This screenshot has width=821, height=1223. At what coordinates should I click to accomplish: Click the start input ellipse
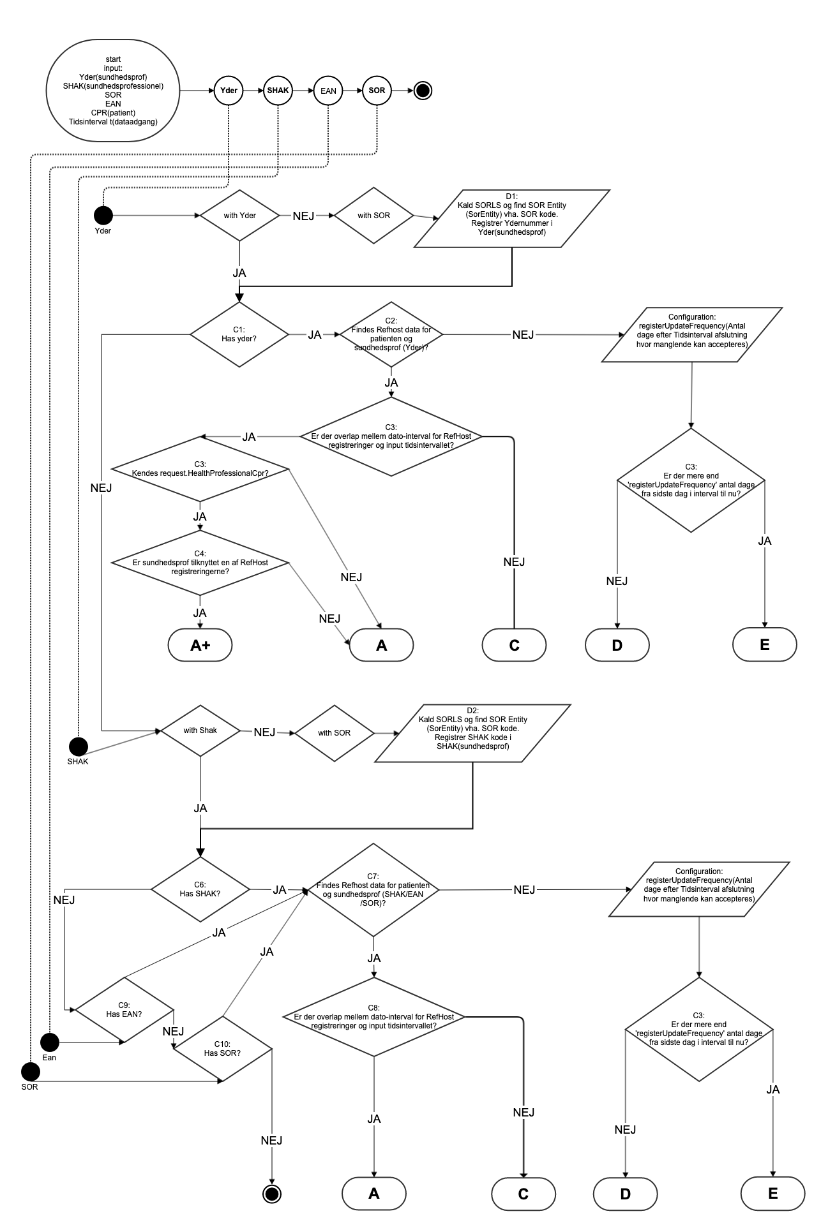click(113, 91)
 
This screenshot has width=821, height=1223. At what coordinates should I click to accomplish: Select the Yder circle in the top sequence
click(229, 91)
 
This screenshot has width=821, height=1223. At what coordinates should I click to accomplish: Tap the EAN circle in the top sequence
click(328, 91)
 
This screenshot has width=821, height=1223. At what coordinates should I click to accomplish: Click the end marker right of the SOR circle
click(423, 91)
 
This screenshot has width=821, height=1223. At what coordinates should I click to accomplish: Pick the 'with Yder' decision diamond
click(239, 216)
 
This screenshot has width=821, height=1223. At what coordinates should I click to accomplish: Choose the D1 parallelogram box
click(512, 219)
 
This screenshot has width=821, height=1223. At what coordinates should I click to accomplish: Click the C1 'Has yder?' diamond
click(239, 334)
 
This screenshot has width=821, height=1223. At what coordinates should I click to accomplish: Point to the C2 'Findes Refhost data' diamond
click(391, 334)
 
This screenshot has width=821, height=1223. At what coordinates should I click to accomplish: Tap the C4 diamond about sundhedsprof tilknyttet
click(200, 563)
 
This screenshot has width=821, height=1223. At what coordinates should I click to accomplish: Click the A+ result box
click(200, 646)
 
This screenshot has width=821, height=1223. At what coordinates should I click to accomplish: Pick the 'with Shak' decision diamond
click(200, 730)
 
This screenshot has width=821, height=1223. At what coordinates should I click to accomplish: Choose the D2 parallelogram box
click(472, 733)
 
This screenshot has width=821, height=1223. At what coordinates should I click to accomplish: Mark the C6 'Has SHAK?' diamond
click(200, 889)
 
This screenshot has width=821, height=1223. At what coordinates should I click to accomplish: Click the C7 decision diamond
click(373, 890)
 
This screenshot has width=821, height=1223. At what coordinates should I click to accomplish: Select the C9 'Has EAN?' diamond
click(124, 1009)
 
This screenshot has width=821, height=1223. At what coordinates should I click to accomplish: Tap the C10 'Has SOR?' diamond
click(223, 1053)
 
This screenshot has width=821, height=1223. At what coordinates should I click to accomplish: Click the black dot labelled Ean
click(50, 1042)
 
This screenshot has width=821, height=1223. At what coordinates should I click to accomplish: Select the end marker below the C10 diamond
click(273, 1193)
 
